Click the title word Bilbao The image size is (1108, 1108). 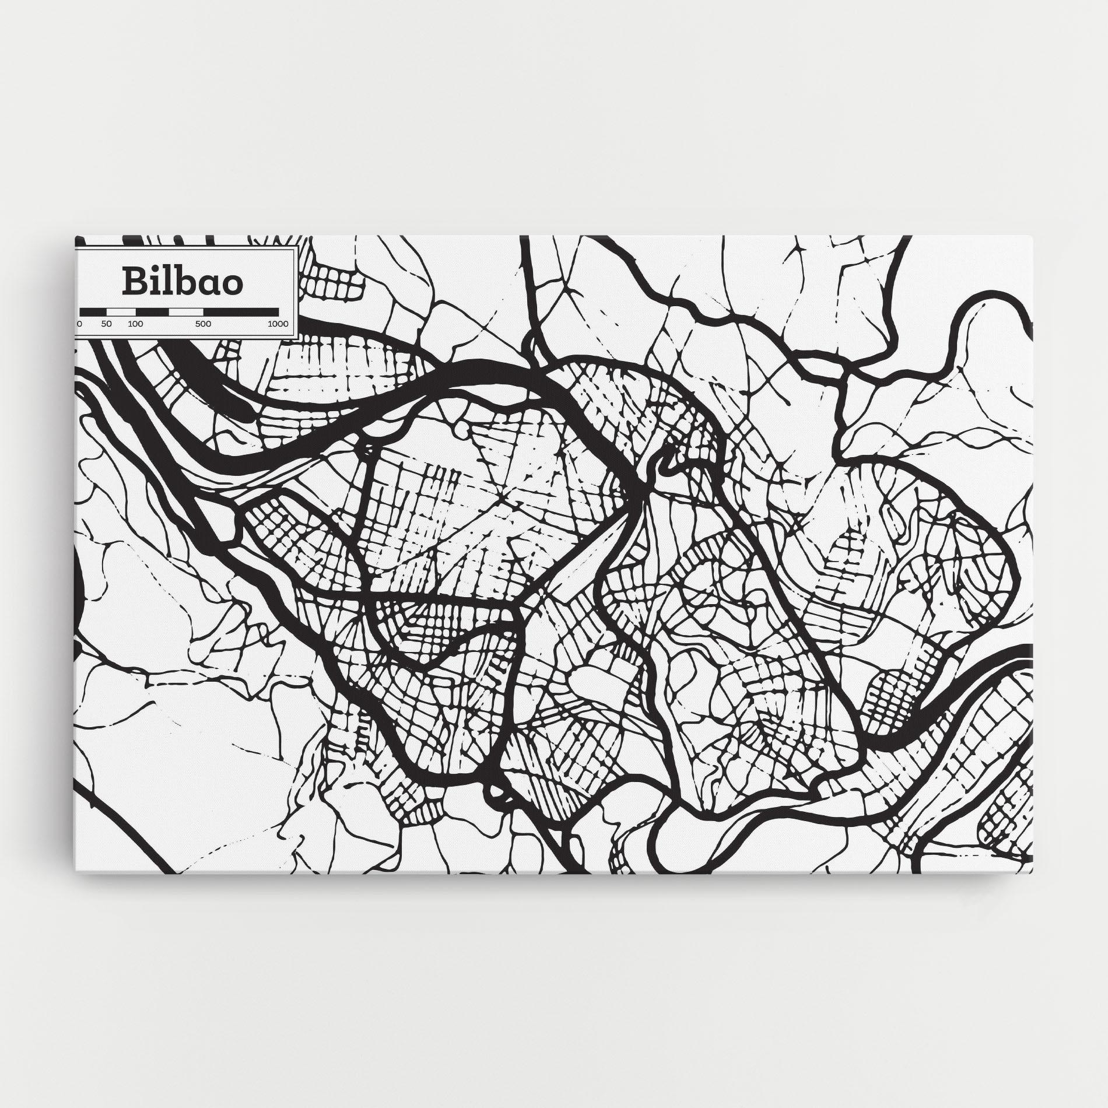coord(183,282)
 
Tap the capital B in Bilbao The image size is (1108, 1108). coord(134,282)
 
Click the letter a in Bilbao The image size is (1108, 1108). coord(205,285)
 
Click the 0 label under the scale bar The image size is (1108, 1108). coord(80,324)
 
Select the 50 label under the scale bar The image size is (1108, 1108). coord(106,324)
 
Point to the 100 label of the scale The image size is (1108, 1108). coord(135,324)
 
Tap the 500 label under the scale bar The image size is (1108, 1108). coord(203,324)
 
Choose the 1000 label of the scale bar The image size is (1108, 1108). coord(278,324)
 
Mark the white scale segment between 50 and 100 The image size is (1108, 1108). coord(121,312)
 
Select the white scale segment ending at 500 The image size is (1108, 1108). coord(185,312)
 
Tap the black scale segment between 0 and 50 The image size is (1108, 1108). coord(93,312)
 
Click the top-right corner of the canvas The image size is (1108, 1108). coord(1032,236)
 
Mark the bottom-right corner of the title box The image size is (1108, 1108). coord(297,337)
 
